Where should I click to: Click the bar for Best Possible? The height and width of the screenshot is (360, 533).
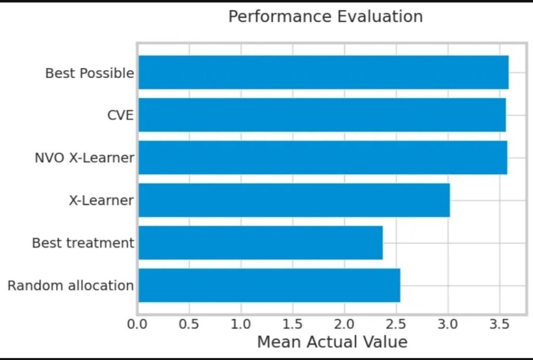[x=323, y=72]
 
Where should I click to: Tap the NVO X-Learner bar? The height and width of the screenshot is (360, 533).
[x=322, y=158]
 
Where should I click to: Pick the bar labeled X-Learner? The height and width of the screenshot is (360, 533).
[x=294, y=200]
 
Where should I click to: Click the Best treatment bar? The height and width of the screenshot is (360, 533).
[x=260, y=243]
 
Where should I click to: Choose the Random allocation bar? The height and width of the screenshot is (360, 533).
[x=269, y=285]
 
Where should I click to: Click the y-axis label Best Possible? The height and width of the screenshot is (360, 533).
[x=90, y=73]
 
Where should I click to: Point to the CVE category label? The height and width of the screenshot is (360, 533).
[x=120, y=115]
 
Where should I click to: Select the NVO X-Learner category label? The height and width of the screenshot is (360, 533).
[x=84, y=158]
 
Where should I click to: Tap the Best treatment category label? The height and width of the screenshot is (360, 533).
[x=83, y=243]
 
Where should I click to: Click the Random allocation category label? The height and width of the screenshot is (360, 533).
[x=71, y=286]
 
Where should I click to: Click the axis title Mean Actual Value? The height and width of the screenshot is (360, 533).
[x=332, y=342]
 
